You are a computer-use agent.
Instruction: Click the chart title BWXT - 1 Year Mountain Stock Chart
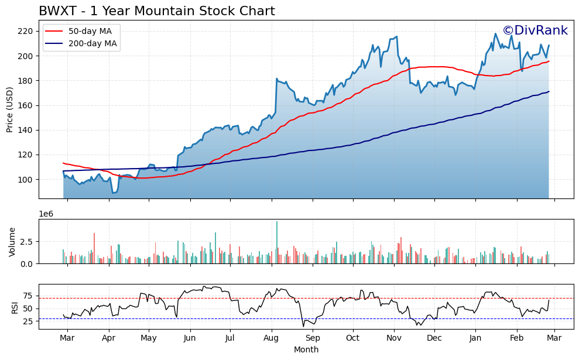(x=156, y=11)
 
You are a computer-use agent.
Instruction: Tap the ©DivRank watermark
(x=535, y=30)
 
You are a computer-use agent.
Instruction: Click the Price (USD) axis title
(x=10, y=109)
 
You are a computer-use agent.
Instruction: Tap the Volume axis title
(x=12, y=242)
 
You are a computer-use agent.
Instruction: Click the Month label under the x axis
(x=306, y=350)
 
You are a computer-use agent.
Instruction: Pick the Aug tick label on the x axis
(x=271, y=338)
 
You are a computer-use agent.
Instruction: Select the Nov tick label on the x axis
(x=394, y=338)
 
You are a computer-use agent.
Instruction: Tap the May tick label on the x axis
(x=149, y=338)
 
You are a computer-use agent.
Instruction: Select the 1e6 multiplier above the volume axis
(x=46, y=214)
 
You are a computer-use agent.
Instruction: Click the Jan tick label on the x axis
(x=475, y=338)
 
